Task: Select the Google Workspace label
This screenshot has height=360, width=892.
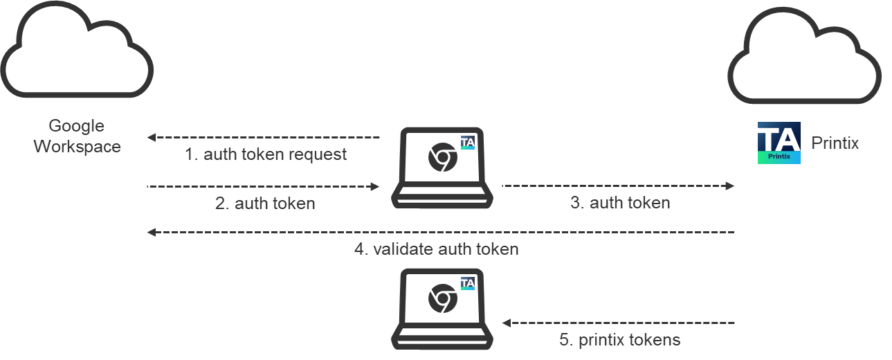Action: pos(77,136)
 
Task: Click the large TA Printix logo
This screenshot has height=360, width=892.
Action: pos(779,143)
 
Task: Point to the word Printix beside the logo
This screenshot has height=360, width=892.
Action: pos(835,143)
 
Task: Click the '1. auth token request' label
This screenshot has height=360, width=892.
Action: pos(266,154)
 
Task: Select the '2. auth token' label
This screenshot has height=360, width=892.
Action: pos(266,204)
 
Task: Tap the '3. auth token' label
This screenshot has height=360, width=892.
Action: pos(620,203)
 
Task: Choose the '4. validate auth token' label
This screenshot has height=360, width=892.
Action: pos(437,249)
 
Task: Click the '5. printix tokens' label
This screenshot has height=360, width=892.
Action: pos(620,340)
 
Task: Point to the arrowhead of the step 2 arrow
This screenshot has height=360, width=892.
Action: pos(376,186)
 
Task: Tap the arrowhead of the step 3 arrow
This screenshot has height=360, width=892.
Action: pos(729,186)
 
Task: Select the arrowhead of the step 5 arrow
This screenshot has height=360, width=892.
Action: pos(506,323)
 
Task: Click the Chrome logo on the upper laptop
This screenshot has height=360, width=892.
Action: pos(442,159)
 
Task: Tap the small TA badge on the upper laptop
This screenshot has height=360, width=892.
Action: pos(467,143)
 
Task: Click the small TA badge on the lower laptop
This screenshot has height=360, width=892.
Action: pos(467,283)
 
